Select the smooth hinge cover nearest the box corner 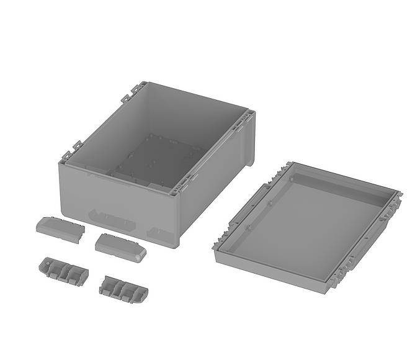[x=120, y=246]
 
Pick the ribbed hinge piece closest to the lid [x=123, y=289]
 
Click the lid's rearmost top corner [x=289, y=163]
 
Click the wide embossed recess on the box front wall [x=112, y=219]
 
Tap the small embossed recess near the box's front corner [x=158, y=232]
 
